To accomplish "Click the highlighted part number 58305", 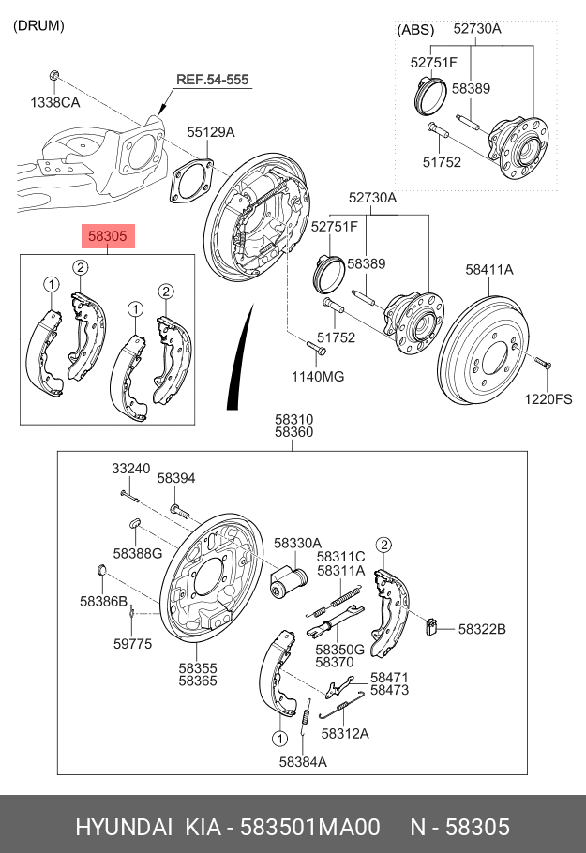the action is click(108, 236).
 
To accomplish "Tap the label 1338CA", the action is click(55, 102).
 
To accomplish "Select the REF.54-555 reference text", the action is click(212, 80).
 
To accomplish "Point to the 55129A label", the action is click(211, 131).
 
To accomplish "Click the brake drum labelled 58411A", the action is click(483, 351).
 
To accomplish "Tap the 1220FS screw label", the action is click(548, 399).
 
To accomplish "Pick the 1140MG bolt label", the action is click(318, 377).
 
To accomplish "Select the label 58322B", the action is click(482, 629).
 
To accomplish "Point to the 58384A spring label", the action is click(303, 761).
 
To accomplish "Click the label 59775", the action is click(133, 644).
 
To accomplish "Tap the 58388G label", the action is click(138, 553).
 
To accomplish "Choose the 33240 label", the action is click(131, 469).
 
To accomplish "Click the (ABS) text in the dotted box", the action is click(415, 29).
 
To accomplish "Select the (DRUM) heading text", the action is click(38, 25).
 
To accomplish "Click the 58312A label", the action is click(345, 733).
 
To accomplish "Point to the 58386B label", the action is click(103, 601).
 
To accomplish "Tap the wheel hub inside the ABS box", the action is click(518, 147).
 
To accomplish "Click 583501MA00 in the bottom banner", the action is click(310, 827).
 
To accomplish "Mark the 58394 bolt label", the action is click(176, 478).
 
